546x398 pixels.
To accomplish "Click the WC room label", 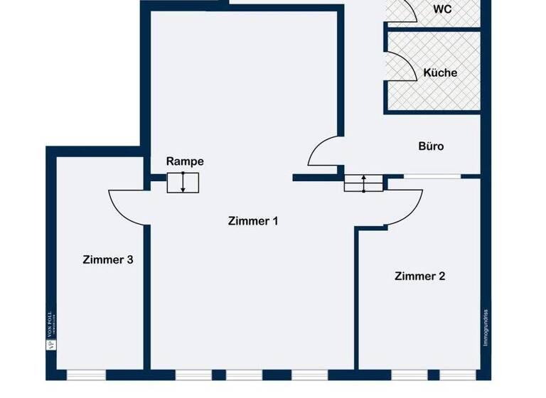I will pyautogui.click(x=442, y=9).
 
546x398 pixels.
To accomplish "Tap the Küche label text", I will pyautogui.click(x=440, y=72).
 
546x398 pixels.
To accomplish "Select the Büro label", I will pyautogui.click(x=431, y=146).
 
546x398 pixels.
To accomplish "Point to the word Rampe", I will pyautogui.click(x=185, y=161).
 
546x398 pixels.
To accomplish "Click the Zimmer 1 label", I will pyautogui.click(x=252, y=221).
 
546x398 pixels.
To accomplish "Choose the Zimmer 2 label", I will pyautogui.click(x=419, y=276).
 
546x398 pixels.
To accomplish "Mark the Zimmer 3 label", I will pyautogui.click(x=107, y=259).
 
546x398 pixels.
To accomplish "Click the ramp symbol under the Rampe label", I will pyautogui.click(x=183, y=183).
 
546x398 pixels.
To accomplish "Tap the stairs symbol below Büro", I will pyautogui.click(x=364, y=183).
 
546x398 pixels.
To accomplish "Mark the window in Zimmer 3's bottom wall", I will pyautogui.click(x=86, y=375).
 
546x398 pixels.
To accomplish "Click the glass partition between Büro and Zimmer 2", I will pyautogui.click(x=434, y=176).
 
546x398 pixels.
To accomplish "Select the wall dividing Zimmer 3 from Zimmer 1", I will pyautogui.click(x=146, y=298).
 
